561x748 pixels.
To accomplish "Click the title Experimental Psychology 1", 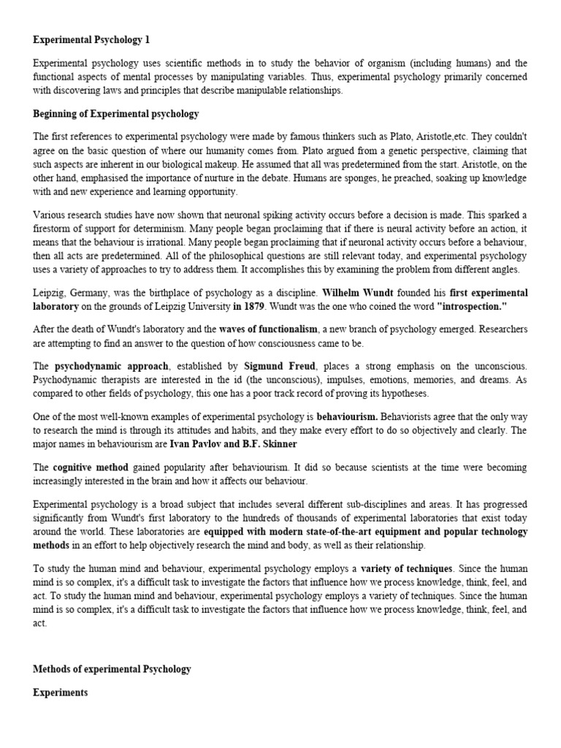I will pos(91,39).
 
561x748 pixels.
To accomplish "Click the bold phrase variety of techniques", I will pos(406,568).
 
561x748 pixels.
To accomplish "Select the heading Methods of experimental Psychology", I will pos(112,670).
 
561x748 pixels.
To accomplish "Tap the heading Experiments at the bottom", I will pos(61,693).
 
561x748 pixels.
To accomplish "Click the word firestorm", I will pos(56,228).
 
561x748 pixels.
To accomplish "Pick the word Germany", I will pos(86,291).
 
